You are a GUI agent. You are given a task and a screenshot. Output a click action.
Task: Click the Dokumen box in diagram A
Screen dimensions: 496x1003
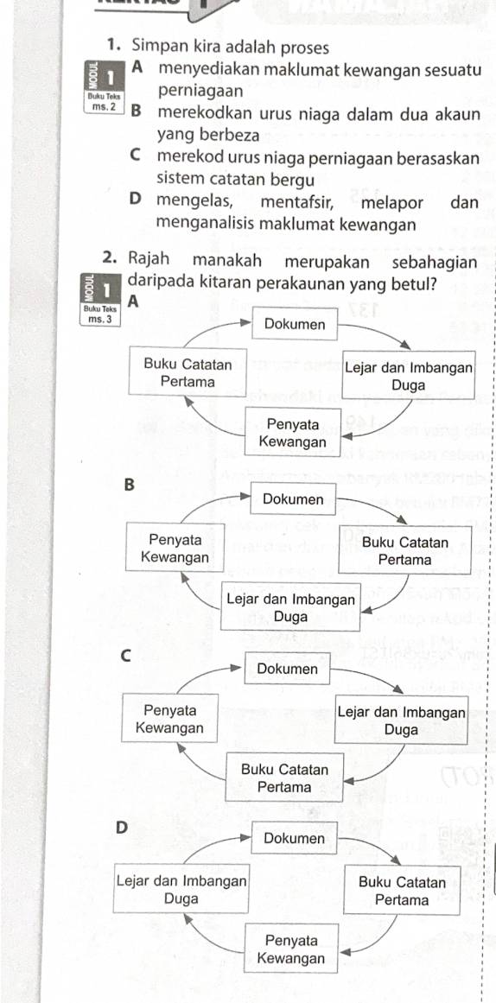[x=295, y=325]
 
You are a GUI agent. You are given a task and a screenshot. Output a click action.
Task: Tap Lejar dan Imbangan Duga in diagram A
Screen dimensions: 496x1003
[x=409, y=376]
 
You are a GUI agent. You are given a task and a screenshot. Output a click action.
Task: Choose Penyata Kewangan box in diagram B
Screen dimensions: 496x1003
[x=175, y=549]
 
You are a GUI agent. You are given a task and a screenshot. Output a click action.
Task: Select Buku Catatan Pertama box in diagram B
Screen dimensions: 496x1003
[x=405, y=551]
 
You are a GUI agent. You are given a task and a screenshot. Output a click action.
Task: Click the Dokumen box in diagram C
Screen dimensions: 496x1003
[x=288, y=669]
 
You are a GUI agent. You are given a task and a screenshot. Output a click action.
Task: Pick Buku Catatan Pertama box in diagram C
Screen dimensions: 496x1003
[x=284, y=778]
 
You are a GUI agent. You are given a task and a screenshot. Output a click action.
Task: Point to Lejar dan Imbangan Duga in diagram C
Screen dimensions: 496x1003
[x=402, y=721]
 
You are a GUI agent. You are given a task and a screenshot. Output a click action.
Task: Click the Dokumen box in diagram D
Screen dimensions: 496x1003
[x=293, y=838]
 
